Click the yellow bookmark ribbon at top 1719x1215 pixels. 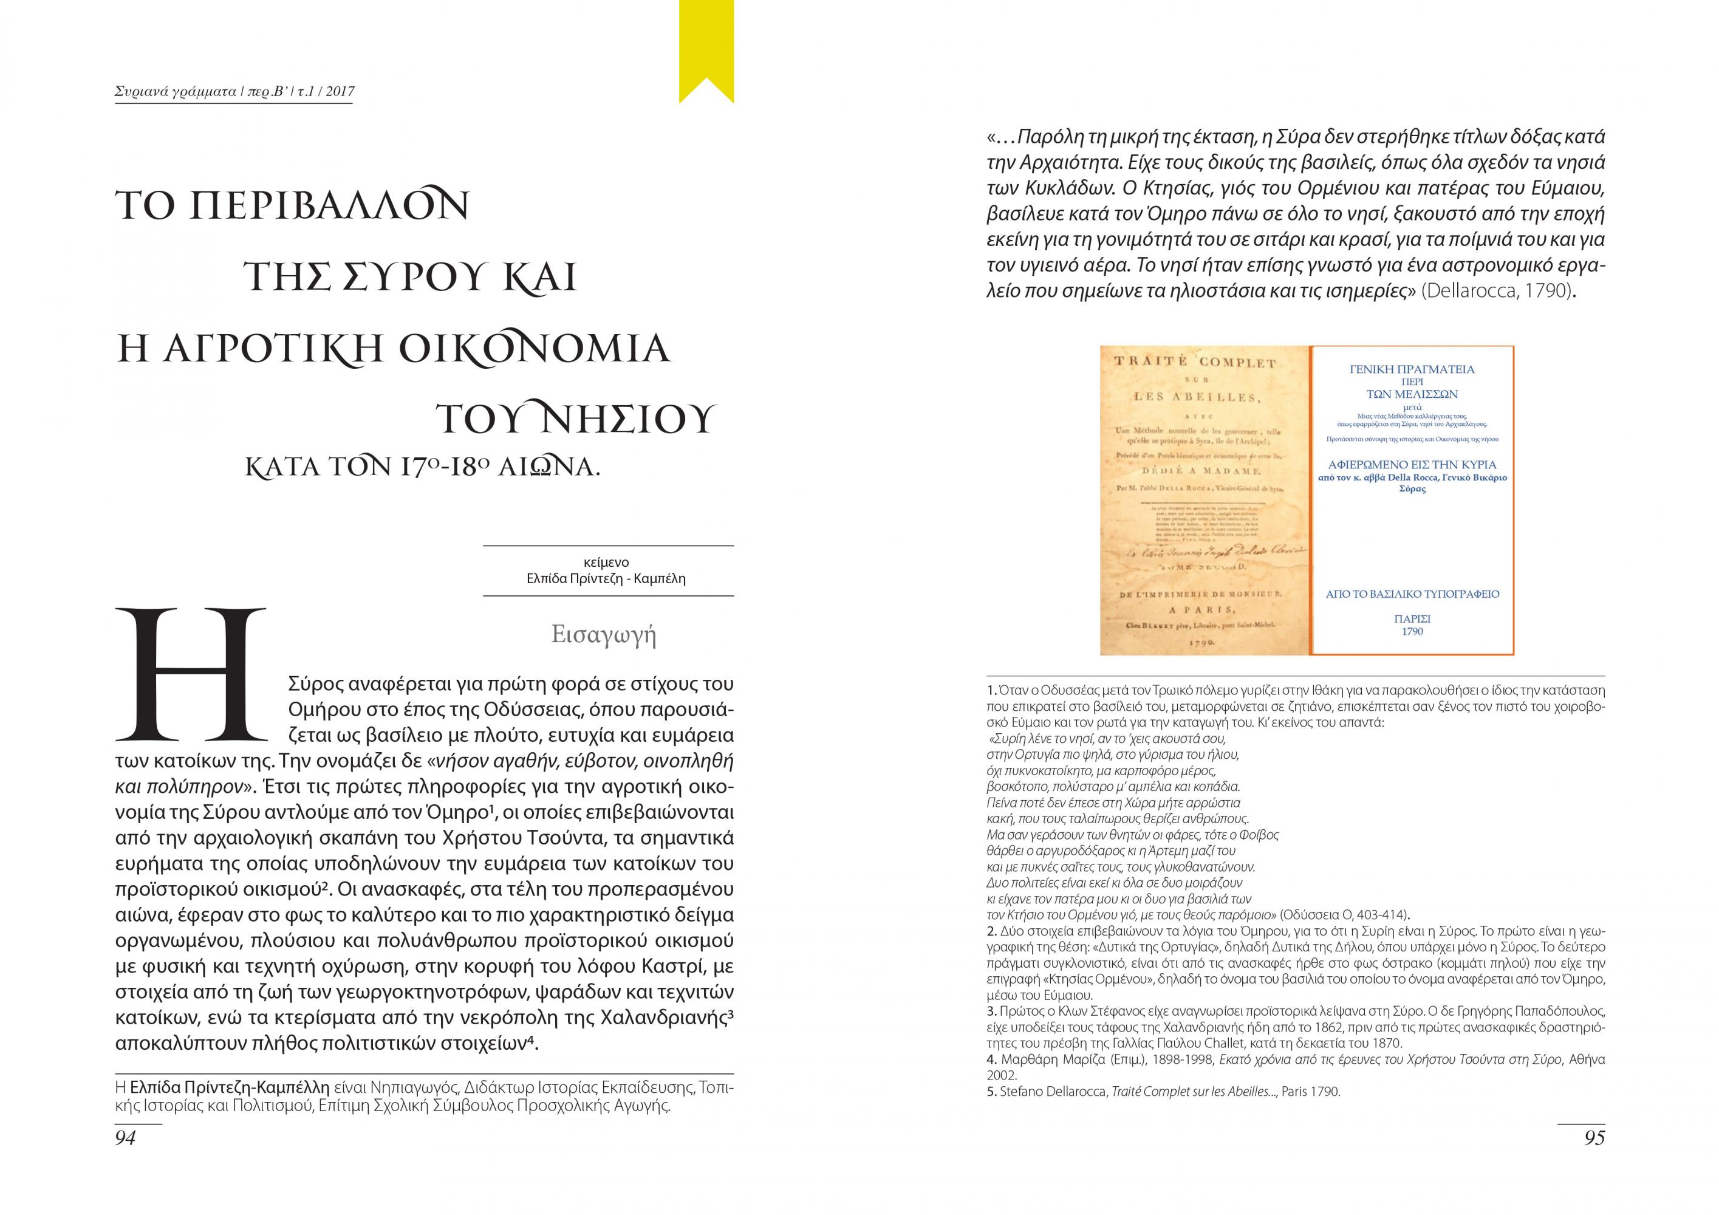[706, 45]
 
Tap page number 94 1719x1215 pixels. [126, 1137]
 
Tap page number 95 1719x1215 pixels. [1594, 1137]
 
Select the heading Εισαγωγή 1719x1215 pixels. [603, 634]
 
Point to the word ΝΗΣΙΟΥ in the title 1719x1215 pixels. [628, 419]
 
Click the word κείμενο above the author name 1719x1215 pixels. [606, 562]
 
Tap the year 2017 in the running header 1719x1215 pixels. [340, 92]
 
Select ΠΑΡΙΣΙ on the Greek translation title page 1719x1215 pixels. [1412, 619]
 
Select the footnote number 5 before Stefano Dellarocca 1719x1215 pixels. [991, 1092]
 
